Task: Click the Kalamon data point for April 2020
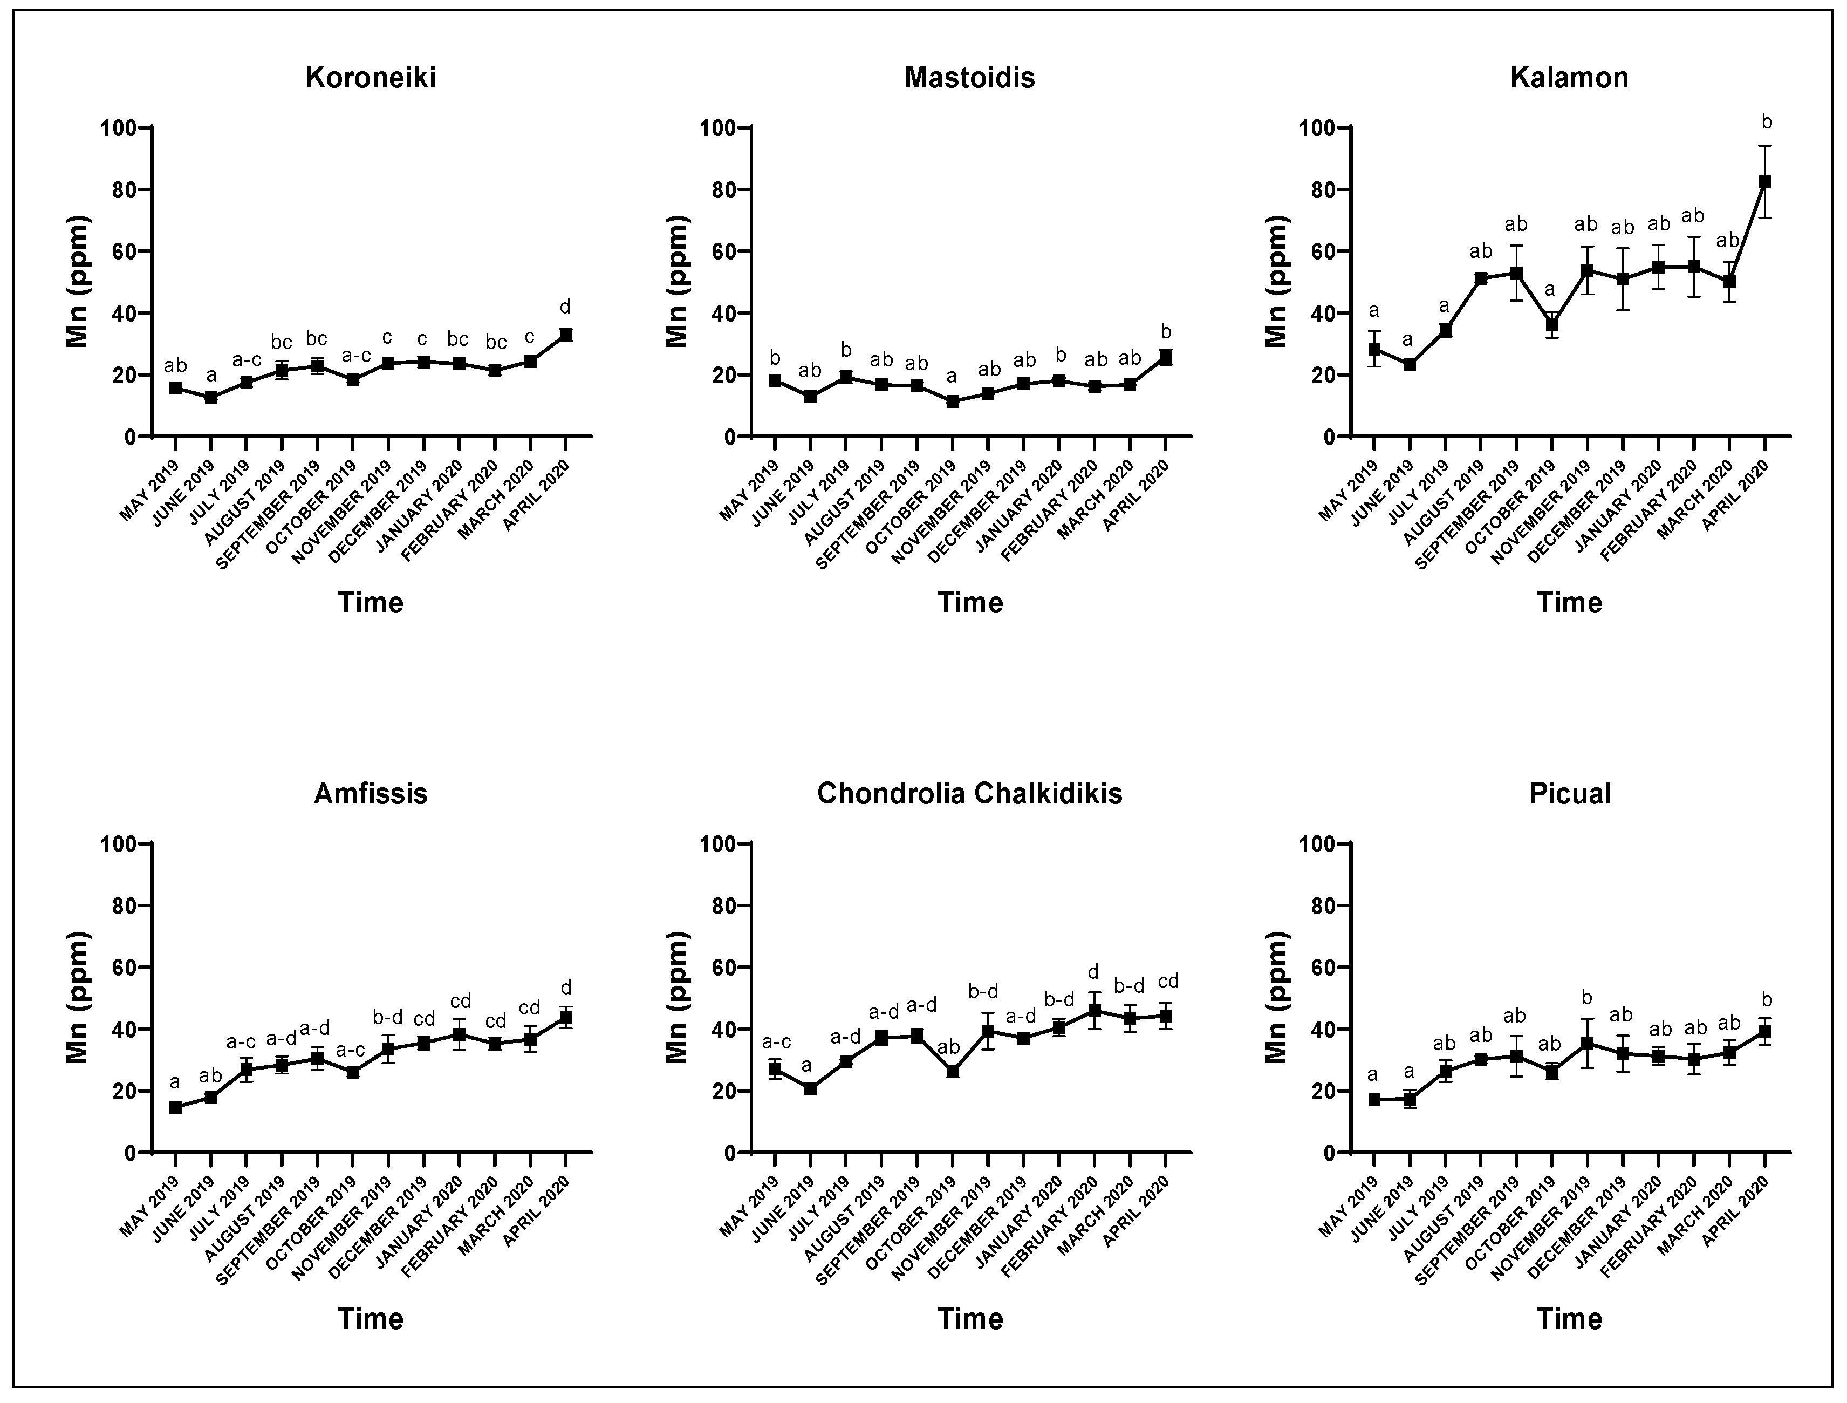click(1765, 182)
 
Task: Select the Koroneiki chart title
click(371, 78)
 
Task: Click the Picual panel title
click(1570, 793)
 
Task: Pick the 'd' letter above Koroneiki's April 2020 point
click(565, 308)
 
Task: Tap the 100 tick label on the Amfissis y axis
click(119, 843)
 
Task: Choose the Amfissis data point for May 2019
click(175, 1107)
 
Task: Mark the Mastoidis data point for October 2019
click(953, 401)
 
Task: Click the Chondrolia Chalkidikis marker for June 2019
click(810, 1088)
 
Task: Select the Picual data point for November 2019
click(1588, 1044)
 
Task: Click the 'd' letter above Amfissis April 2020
click(565, 987)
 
